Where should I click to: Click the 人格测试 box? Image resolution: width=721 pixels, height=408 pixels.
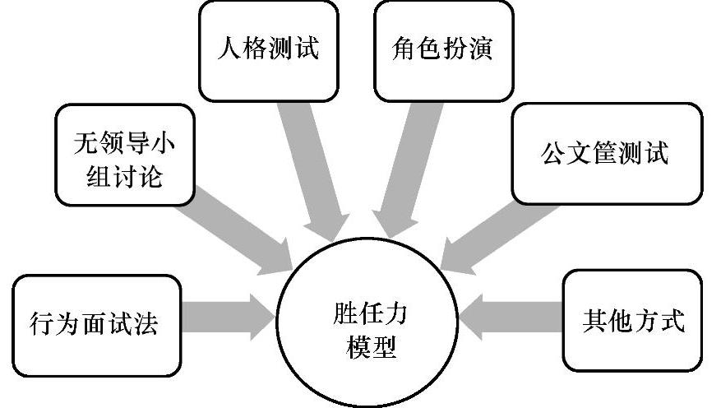[269, 50]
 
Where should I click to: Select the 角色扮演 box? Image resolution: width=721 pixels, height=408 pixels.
[443, 50]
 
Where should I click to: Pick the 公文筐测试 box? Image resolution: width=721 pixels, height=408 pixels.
[607, 153]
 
